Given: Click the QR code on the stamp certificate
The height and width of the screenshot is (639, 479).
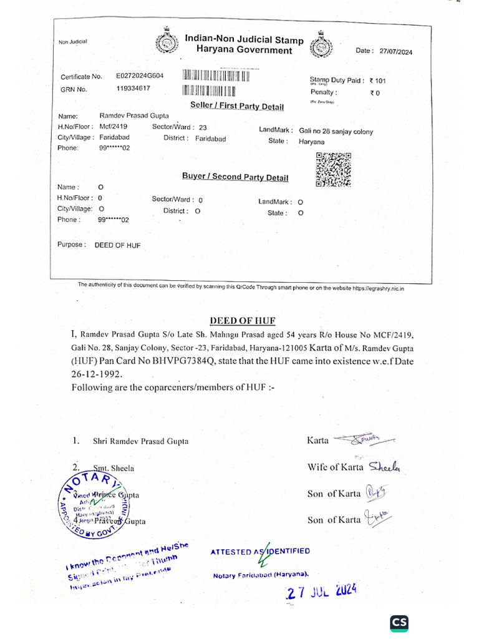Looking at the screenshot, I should tap(334, 170).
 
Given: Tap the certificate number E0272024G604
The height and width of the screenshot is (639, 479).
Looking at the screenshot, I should tap(140, 76).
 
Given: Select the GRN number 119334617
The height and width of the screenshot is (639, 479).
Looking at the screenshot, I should tap(133, 89).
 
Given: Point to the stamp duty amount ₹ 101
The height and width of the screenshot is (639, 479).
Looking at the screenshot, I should tap(378, 80).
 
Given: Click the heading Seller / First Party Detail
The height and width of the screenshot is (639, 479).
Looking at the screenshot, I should tap(233, 107).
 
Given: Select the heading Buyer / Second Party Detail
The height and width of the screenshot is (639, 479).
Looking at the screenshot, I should tap(235, 177).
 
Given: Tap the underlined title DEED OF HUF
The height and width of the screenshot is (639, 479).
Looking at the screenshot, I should tap(243, 321).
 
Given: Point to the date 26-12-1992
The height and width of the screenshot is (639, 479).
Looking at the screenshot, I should tap(97, 374).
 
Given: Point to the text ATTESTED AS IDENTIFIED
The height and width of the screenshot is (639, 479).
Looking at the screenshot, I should tap(260, 552).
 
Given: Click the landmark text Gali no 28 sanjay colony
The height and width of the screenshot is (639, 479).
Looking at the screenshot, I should tap(336, 131).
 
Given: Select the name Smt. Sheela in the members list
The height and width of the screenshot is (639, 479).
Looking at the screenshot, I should tap(114, 467).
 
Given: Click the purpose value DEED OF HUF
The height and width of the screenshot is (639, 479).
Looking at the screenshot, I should tap(117, 245).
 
